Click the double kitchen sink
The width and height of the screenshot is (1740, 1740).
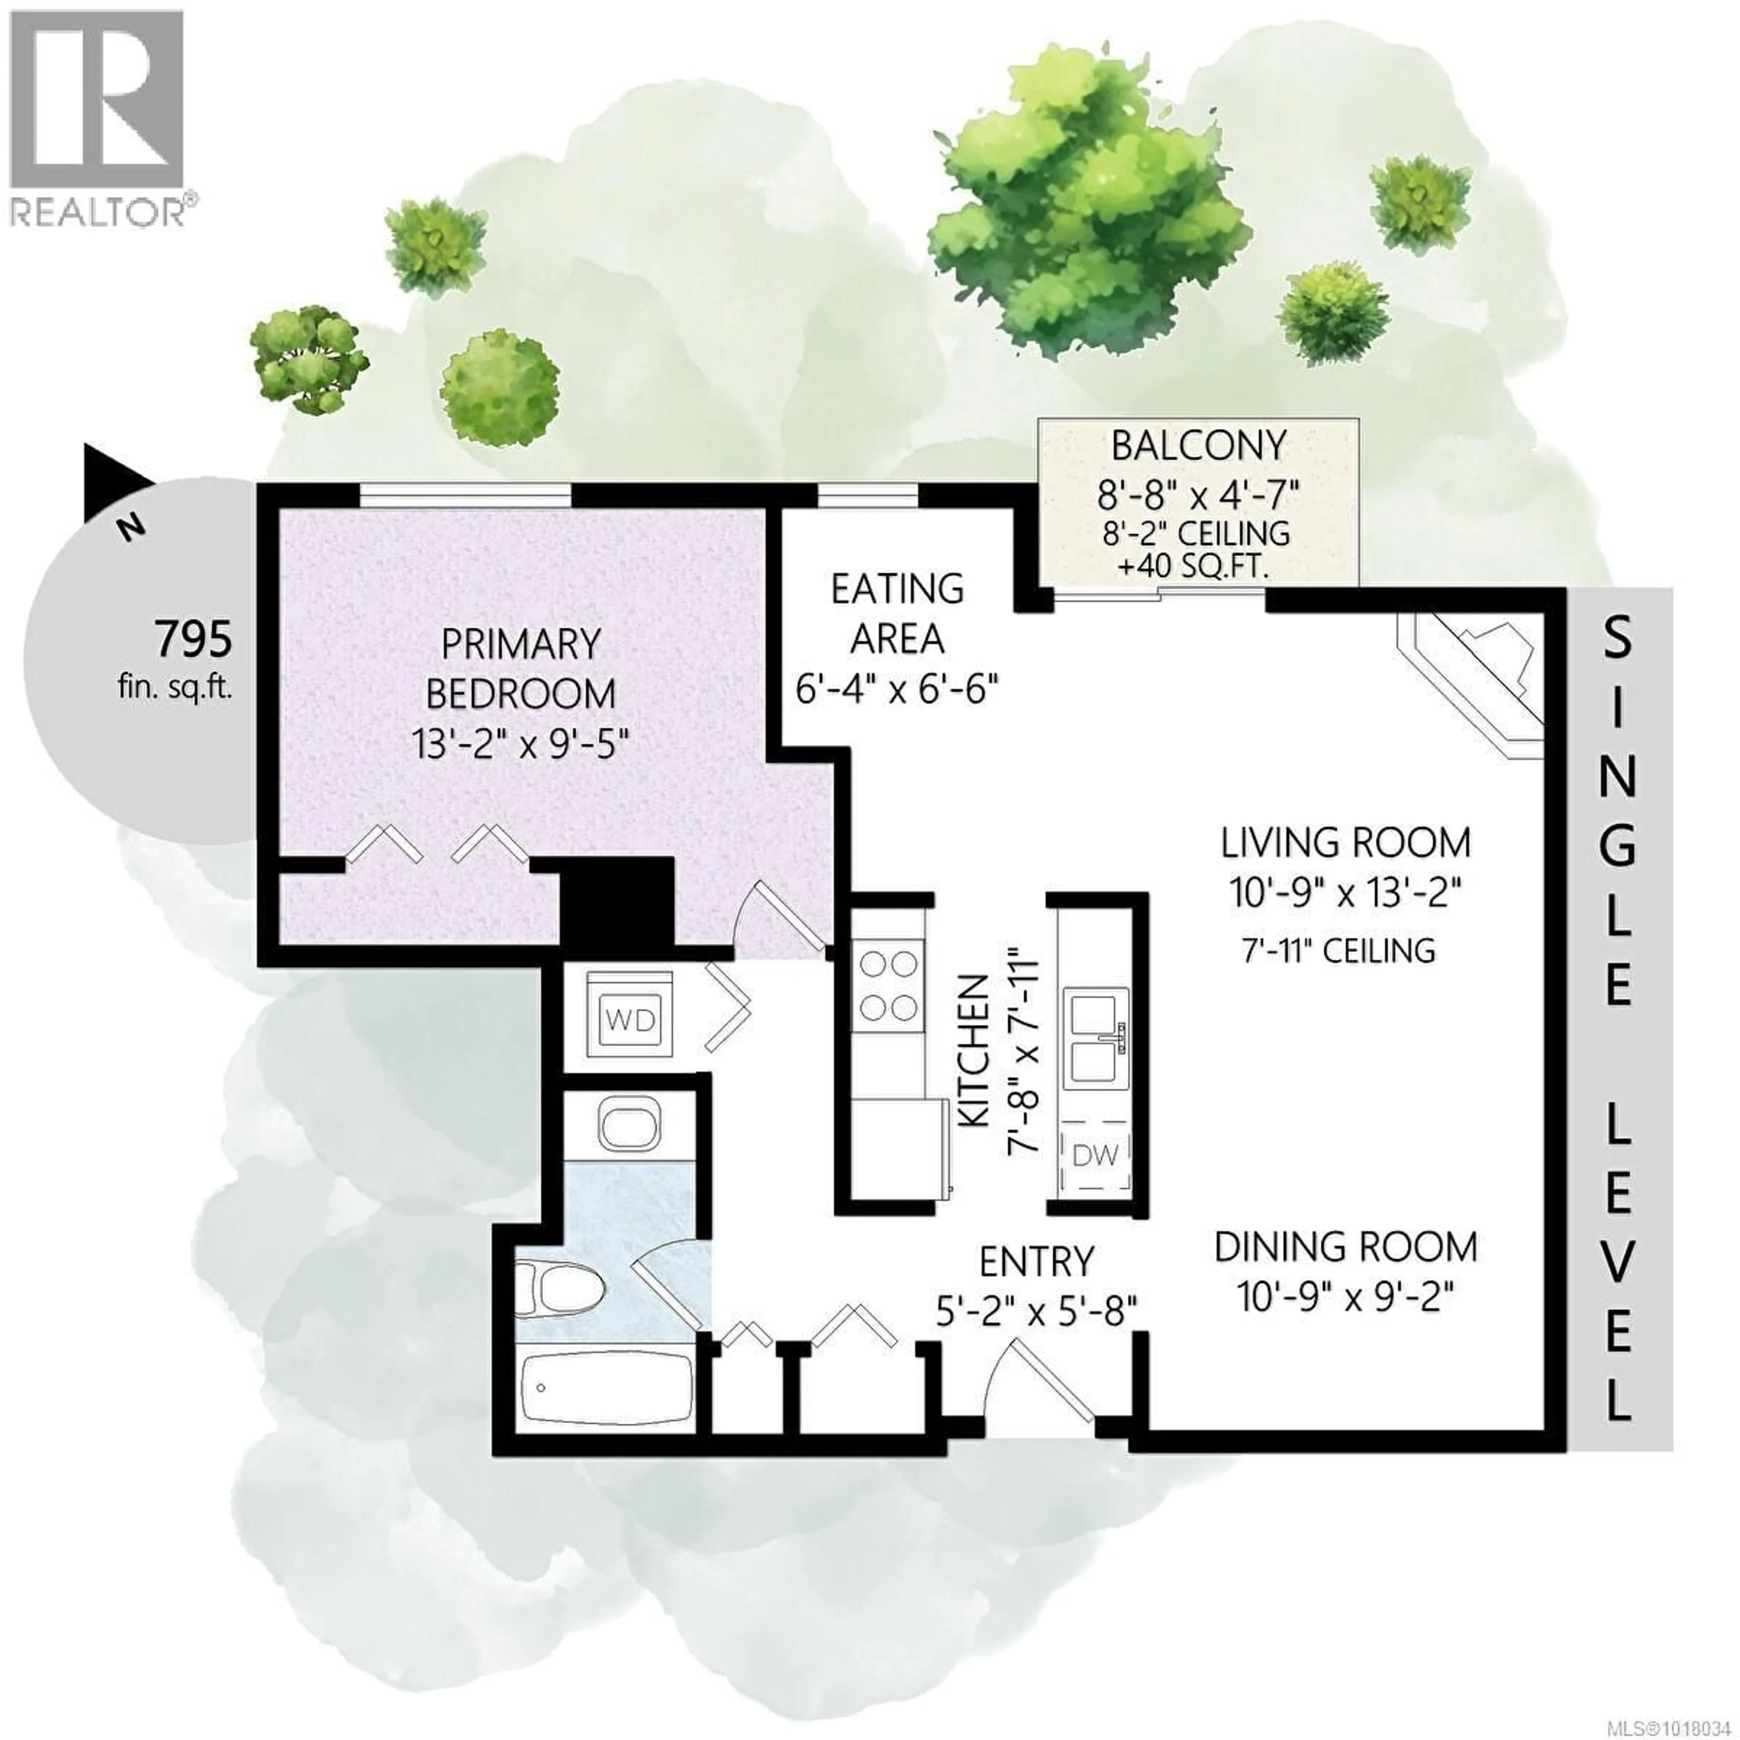pyautogui.click(x=1097, y=1039)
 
